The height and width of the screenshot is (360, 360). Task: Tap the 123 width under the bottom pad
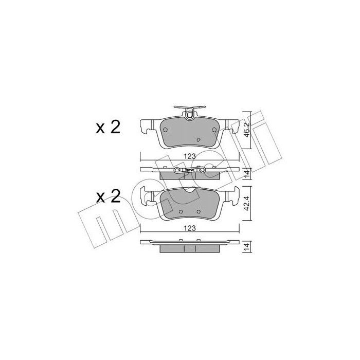click(x=190, y=230)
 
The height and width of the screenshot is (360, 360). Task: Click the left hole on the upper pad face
click(x=165, y=129)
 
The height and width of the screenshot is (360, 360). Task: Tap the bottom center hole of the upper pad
click(x=200, y=139)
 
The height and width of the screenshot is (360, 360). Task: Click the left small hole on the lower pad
click(x=181, y=211)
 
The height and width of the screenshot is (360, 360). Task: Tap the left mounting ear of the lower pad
click(x=147, y=196)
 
